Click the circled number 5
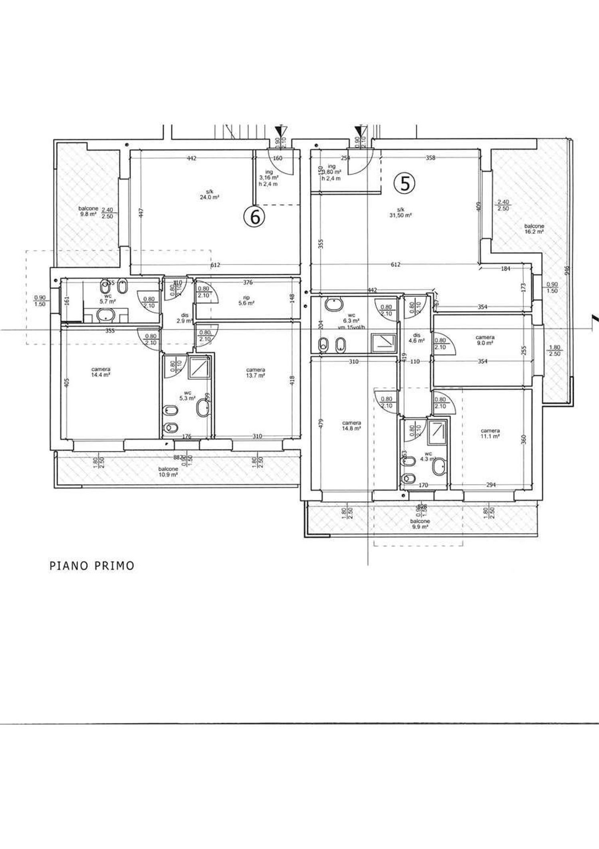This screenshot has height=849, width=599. (x=405, y=183)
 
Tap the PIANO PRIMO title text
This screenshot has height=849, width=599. (x=92, y=566)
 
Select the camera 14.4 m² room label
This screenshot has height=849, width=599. (x=101, y=372)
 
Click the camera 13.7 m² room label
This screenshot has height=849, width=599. (x=256, y=373)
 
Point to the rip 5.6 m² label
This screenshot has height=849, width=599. (x=246, y=300)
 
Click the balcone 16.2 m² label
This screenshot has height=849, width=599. (x=534, y=229)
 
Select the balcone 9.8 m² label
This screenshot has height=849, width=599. (x=88, y=211)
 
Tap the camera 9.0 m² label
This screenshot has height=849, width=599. (x=485, y=340)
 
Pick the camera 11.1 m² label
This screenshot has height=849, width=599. (x=490, y=433)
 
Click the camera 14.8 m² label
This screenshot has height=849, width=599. (x=351, y=425)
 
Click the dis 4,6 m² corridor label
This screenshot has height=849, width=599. (x=417, y=338)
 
